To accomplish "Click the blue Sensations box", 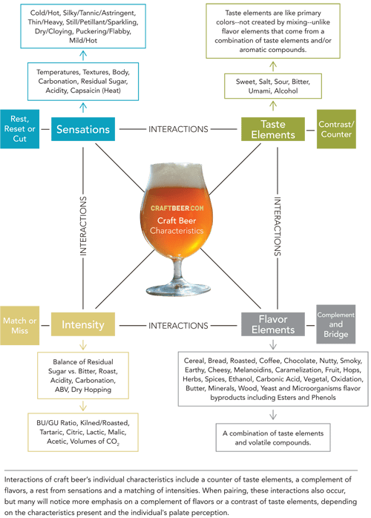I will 83,129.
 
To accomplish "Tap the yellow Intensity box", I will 82,325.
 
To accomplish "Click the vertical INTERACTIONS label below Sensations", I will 82,226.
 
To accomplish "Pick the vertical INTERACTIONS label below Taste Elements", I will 277,226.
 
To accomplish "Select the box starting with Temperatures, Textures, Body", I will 84,82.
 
